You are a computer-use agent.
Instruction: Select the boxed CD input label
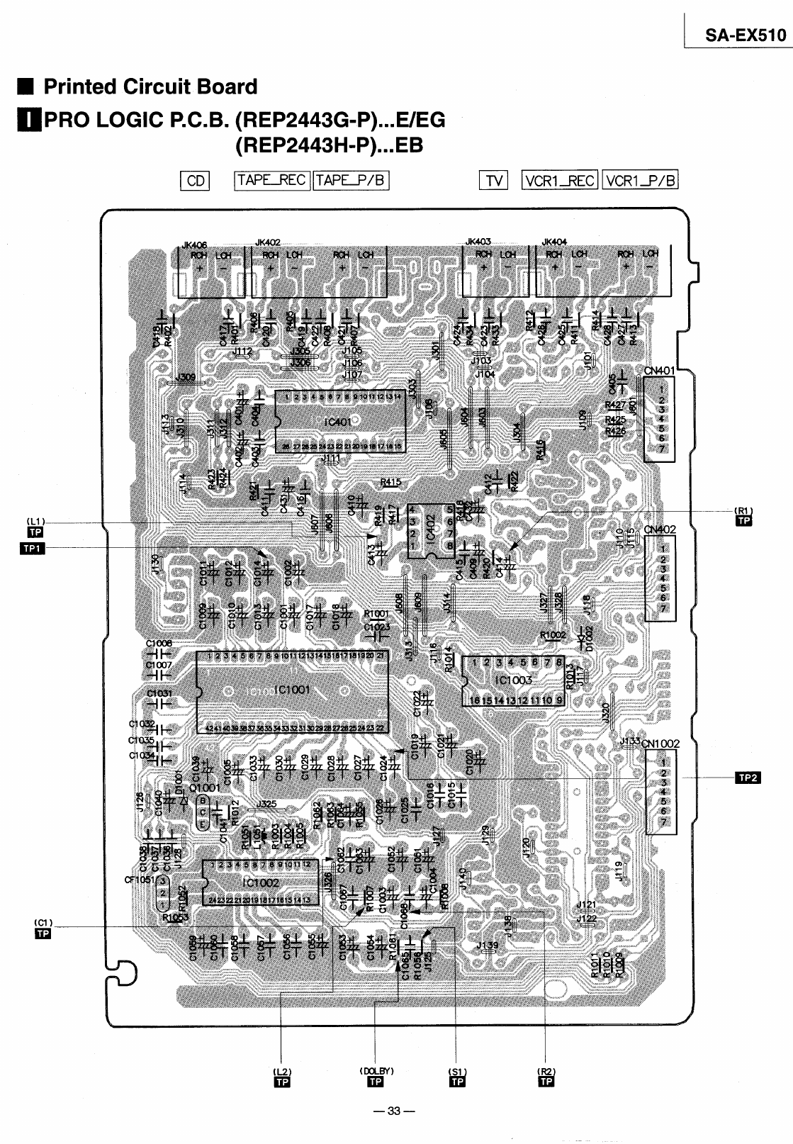coord(195,181)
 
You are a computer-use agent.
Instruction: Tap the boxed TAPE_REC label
coord(272,180)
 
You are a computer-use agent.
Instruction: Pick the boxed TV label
coord(493,181)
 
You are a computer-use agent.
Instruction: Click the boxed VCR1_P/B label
coord(641,180)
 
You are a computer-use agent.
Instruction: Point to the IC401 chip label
coord(338,423)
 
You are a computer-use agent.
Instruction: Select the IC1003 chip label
coord(514,680)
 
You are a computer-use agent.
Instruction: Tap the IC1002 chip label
coord(261,883)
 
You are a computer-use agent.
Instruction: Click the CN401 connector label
coord(660,370)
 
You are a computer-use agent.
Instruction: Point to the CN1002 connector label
coord(660,744)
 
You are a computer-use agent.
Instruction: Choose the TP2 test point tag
coord(749,778)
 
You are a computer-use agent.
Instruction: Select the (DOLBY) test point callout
coord(376,1071)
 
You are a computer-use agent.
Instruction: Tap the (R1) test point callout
coord(743,510)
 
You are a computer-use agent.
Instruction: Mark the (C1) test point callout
coord(43,922)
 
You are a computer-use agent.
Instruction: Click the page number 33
coord(396,1111)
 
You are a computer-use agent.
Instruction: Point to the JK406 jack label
coord(194,245)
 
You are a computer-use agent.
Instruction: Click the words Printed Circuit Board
coord(150,87)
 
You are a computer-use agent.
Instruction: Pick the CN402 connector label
coord(660,529)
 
